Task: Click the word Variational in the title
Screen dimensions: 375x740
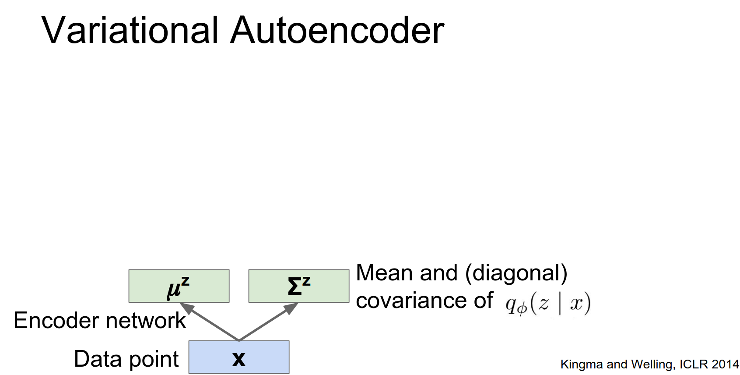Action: pyautogui.click(x=130, y=30)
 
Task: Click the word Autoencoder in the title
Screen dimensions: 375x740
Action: pyautogui.click(x=337, y=30)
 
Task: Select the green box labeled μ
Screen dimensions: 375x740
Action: pyautogui.click(x=179, y=286)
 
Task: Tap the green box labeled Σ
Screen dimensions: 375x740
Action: pyautogui.click(x=299, y=286)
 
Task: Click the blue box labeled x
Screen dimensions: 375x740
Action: pyautogui.click(x=239, y=357)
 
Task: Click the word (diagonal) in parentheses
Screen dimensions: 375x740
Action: pyautogui.click(x=516, y=273)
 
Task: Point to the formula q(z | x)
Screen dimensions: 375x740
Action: pyautogui.click(x=548, y=303)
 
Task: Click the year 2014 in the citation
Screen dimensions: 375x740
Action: pyautogui.click(x=725, y=364)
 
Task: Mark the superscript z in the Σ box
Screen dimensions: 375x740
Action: pyautogui.click(x=306, y=281)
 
